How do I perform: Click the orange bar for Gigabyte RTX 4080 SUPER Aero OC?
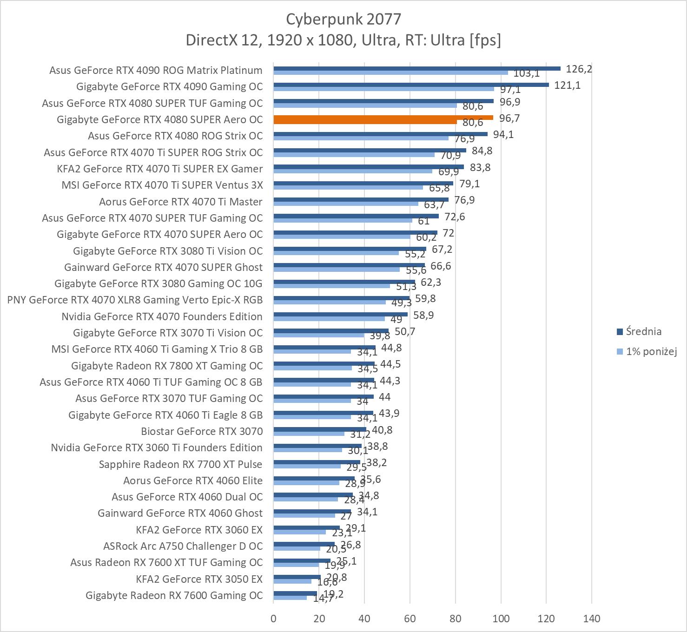(383, 118)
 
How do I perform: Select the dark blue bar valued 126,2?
(416, 68)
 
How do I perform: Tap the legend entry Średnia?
(643, 332)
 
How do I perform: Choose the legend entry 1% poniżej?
(651, 352)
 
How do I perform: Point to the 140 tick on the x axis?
(591, 619)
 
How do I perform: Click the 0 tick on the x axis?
(273, 619)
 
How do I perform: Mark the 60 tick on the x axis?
(410, 619)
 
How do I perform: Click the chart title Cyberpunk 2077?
(343, 19)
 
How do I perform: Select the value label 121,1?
(567, 86)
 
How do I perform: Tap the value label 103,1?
(526, 73)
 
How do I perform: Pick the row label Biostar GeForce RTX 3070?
(202, 431)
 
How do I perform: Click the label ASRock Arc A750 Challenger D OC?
(183, 546)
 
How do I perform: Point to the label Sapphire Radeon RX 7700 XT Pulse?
(180, 464)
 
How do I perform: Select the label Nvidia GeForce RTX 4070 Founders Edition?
(162, 316)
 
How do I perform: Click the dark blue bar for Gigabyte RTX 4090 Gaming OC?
(411, 85)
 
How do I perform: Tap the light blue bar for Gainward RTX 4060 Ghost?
(304, 515)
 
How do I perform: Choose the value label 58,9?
(423, 316)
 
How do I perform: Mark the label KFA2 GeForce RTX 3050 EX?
(199, 579)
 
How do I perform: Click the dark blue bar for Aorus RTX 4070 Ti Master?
(361, 199)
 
